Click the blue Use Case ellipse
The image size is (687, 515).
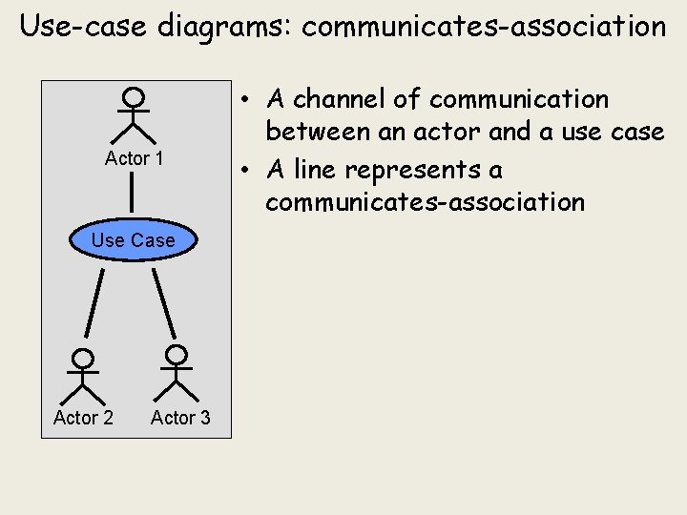click(134, 240)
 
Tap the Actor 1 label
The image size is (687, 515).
click(134, 158)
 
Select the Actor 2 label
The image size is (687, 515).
click(83, 418)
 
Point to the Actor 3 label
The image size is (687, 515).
click(180, 418)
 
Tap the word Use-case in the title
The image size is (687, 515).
click(80, 27)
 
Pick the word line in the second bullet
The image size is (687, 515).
click(315, 170)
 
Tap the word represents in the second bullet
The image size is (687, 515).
click(415, 170)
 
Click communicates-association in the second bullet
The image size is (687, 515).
click(425, 202)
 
